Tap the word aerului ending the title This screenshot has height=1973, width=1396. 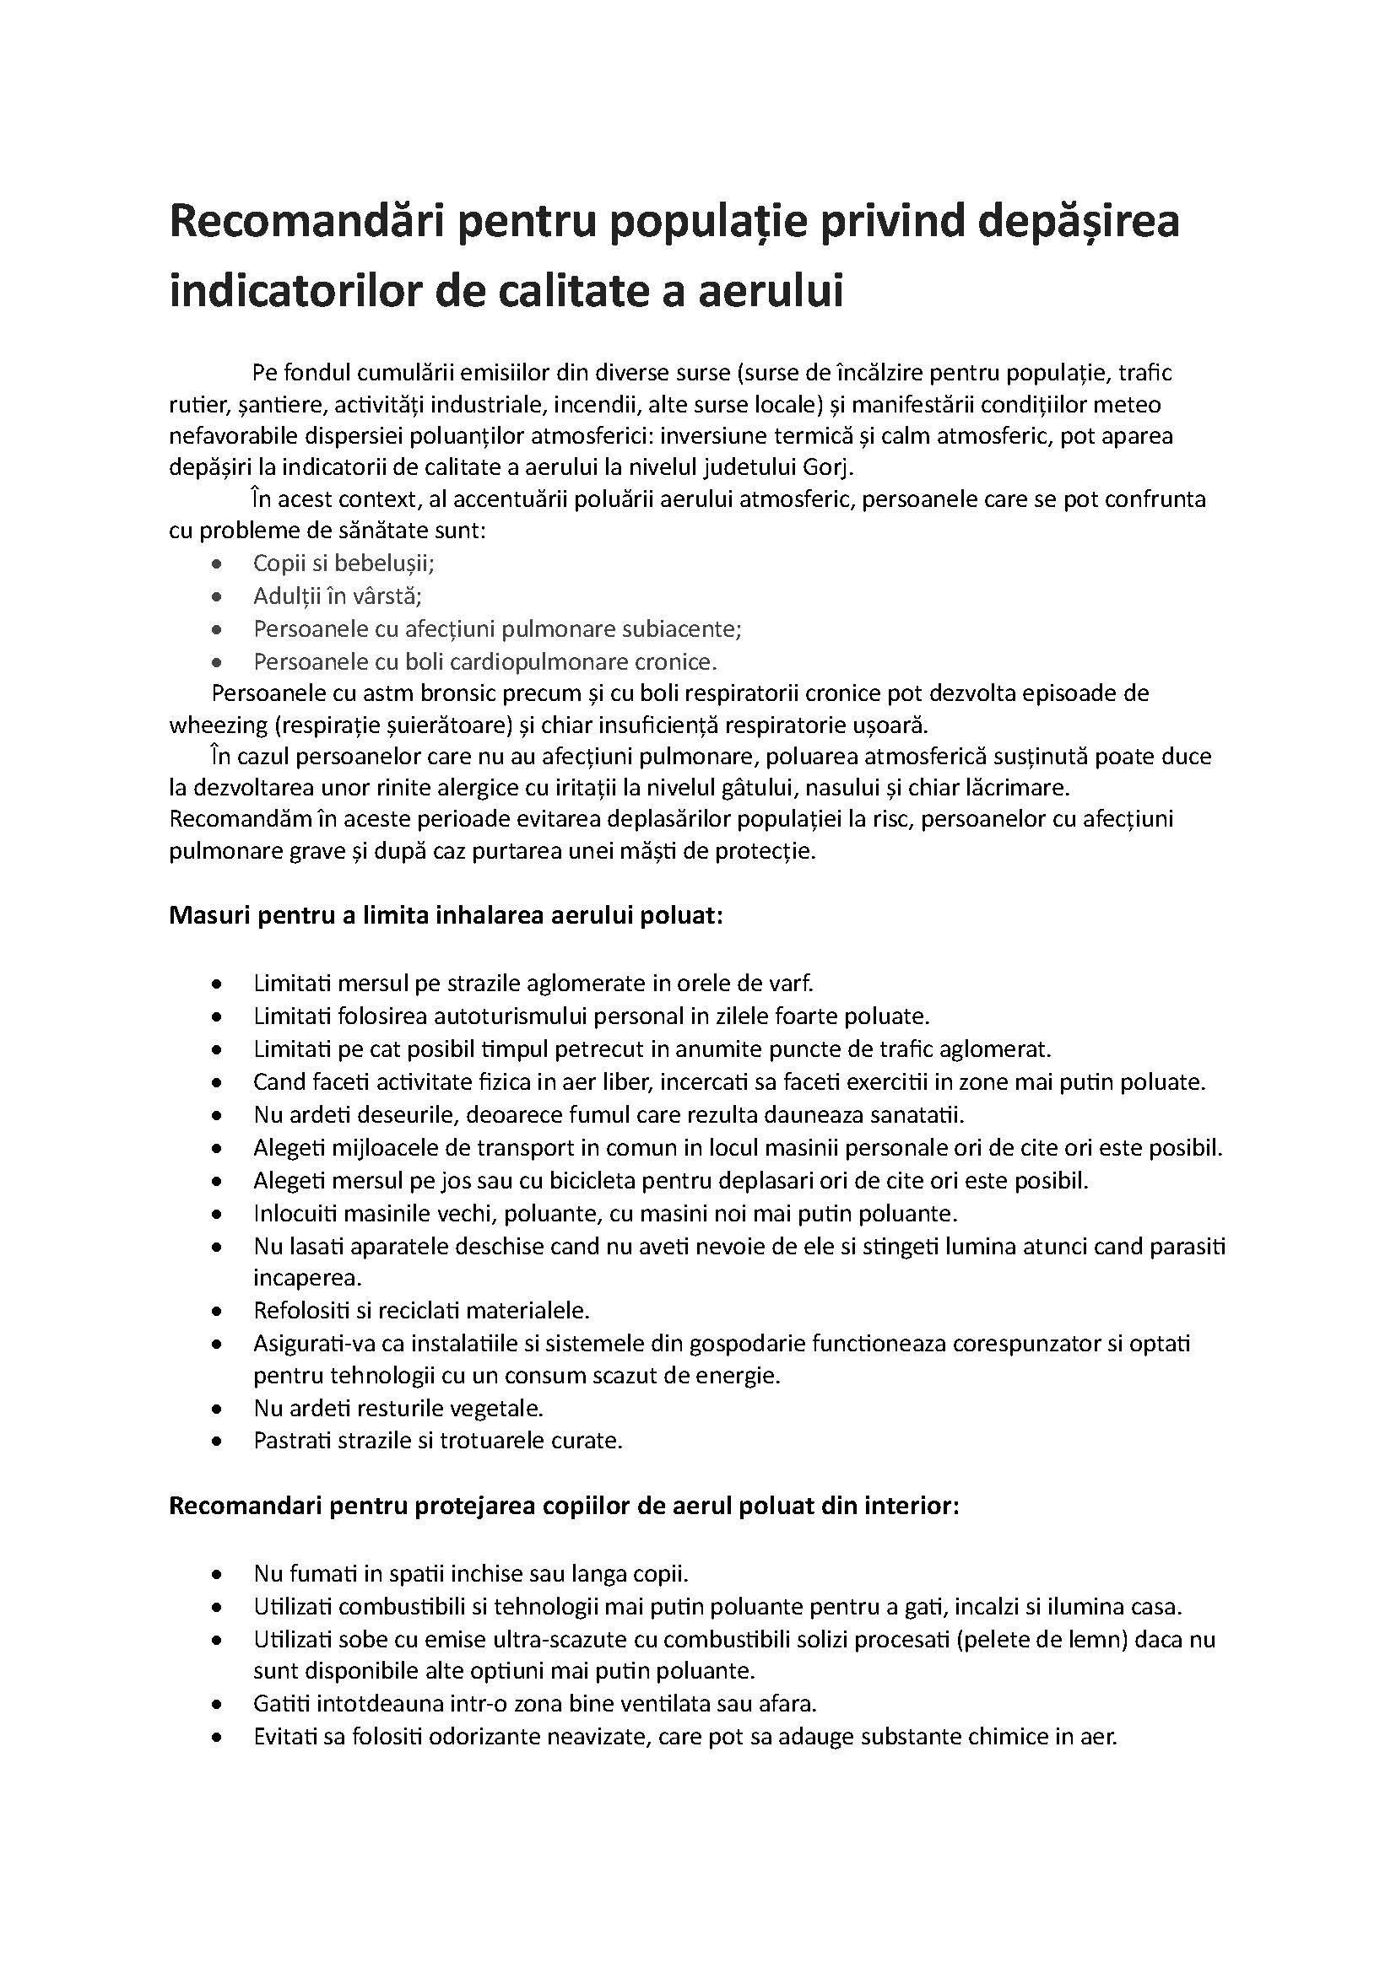click(771, 289)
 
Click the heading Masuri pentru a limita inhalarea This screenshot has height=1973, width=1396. click(446, 915)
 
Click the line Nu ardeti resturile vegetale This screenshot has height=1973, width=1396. click(398, 1409)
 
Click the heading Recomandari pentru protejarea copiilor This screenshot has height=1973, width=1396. click(563, 1507)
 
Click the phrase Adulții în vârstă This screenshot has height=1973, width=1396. click(337, 596)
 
